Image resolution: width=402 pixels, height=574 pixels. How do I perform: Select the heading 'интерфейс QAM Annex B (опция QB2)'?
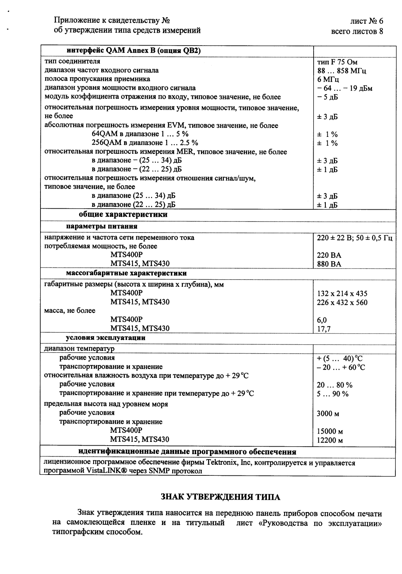pyautogui.click(x=134, y=51)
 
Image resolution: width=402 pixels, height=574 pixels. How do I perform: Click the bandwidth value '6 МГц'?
pyautogui.click(x=328, y=80)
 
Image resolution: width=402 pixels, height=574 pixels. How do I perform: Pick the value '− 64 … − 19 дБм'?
pyautogui.click(x=345, y=89)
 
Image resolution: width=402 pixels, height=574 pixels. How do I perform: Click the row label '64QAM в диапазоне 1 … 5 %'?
pyautogui.click(x=140, y=134)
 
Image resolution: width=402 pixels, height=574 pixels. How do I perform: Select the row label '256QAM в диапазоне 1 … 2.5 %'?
pyautogui.click(x=145, y=143)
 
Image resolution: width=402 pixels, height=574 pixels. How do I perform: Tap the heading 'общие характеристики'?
pyautogui.click(x=123, y=215)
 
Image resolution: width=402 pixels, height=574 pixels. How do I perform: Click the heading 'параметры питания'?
pyautogui.click(x=102, y=226)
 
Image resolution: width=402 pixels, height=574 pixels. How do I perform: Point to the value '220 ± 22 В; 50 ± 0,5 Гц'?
pyautogui.click(x=355, y=238)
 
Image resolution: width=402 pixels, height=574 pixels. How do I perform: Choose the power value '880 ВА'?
pyautogui.click(x=329, y=264)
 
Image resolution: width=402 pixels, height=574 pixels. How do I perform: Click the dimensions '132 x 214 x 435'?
pyautogui.click(x=342, y=294)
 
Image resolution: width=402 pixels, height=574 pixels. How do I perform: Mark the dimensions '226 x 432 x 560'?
pyautogui.click(x=342, y=303)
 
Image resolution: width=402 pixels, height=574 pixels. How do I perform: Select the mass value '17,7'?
pyautogui.click(x=324, y=329)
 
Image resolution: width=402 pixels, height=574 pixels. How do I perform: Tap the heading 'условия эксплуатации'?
pyautogui.click(x=106, y=338)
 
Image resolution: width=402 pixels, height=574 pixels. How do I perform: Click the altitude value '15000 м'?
pyautogui.click(x=330, y=431)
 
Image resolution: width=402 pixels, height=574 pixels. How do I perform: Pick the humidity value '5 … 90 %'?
pyautogui.click(x=332, y=394)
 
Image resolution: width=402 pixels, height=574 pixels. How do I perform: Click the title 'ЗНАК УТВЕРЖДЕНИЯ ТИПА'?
pyautogui.click(x=221, y=497)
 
